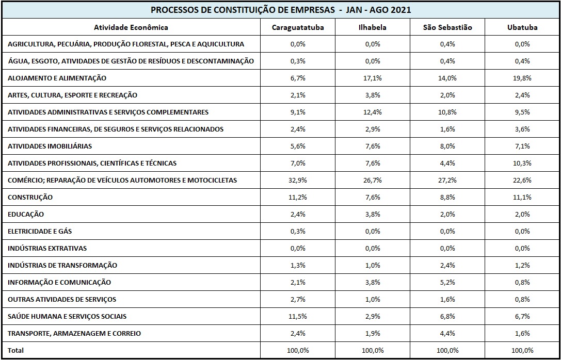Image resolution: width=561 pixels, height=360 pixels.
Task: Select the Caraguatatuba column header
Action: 298,27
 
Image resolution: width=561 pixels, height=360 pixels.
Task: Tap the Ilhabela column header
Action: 373,27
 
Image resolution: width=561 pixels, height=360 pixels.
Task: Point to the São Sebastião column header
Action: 447,27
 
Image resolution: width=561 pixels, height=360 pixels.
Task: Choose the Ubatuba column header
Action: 522,27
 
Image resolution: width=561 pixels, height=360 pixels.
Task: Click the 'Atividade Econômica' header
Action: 131,27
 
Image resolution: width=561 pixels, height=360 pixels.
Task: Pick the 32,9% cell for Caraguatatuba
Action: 298,180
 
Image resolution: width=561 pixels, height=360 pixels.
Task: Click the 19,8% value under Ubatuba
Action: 522,78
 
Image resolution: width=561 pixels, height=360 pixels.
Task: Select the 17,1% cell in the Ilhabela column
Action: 373,78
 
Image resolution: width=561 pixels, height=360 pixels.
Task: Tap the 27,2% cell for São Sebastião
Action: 447,180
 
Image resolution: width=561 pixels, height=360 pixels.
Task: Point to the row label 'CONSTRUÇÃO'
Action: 30,198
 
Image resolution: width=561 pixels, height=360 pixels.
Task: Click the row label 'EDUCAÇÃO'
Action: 26,215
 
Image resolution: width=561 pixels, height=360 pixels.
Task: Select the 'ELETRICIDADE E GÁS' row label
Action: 40,231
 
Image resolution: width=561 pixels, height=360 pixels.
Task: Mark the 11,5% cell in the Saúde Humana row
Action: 298,316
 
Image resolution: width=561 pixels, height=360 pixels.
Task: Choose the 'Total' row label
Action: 16,350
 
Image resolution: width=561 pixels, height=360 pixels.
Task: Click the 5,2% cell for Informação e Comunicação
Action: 447,283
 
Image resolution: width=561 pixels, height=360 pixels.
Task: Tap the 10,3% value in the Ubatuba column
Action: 522,163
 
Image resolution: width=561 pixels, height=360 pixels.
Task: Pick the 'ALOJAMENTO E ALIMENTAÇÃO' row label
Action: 57,78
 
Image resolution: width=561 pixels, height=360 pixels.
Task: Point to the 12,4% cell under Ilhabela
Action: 373,112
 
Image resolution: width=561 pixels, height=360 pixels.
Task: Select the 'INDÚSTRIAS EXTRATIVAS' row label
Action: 47,249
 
